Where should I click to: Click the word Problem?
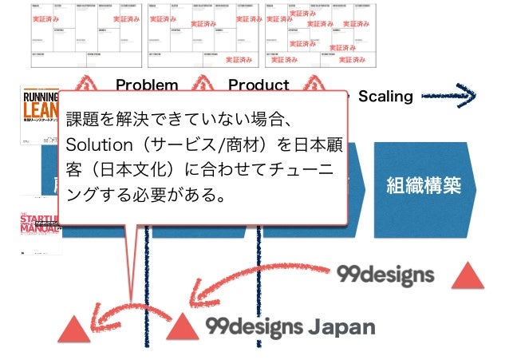(147, 85)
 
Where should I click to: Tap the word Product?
(258, 85)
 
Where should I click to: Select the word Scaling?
(385, 97)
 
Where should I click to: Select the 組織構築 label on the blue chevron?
(423, 186)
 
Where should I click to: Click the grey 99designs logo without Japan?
(385, 275)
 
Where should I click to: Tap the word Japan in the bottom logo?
(341, 326)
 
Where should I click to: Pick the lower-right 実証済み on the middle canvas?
(239, 59)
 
